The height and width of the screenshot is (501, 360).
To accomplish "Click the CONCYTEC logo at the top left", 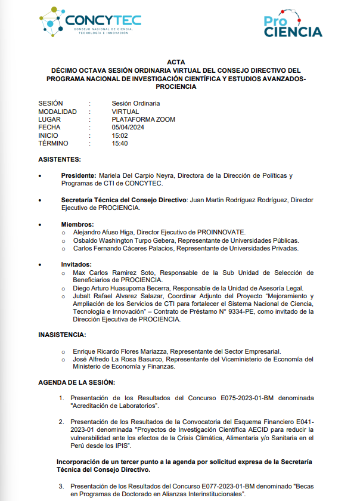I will [90, 23].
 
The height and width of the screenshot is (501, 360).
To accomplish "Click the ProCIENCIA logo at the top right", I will [293, 24].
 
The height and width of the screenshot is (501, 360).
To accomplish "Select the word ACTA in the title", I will [176, 61].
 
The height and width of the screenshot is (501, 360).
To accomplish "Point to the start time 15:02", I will [120, 135].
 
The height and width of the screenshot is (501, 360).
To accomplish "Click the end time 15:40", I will [120, 143].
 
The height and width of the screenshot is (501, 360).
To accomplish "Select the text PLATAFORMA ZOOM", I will [143, 119].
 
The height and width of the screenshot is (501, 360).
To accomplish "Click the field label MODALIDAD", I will [57, 112].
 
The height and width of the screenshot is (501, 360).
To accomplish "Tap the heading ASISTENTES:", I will [60, 159].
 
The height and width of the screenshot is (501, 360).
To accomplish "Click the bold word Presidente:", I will [79, 175].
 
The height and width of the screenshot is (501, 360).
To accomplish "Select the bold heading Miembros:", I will [77, 224].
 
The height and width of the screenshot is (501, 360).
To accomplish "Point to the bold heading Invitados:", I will [77, 264].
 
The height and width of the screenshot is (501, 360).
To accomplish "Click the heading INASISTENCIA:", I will [62, 335].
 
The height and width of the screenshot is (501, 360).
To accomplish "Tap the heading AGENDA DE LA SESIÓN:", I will [77, 382].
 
